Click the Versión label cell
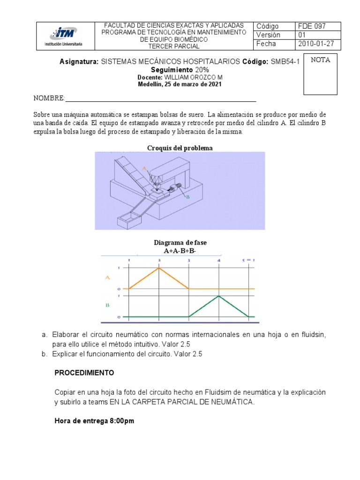268,35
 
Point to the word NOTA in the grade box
321,60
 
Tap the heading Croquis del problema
180,148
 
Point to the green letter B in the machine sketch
187,198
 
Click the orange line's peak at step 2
159,268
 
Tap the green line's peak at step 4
219,296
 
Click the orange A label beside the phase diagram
107,277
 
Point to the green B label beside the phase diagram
107,305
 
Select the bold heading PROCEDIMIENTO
84,373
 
